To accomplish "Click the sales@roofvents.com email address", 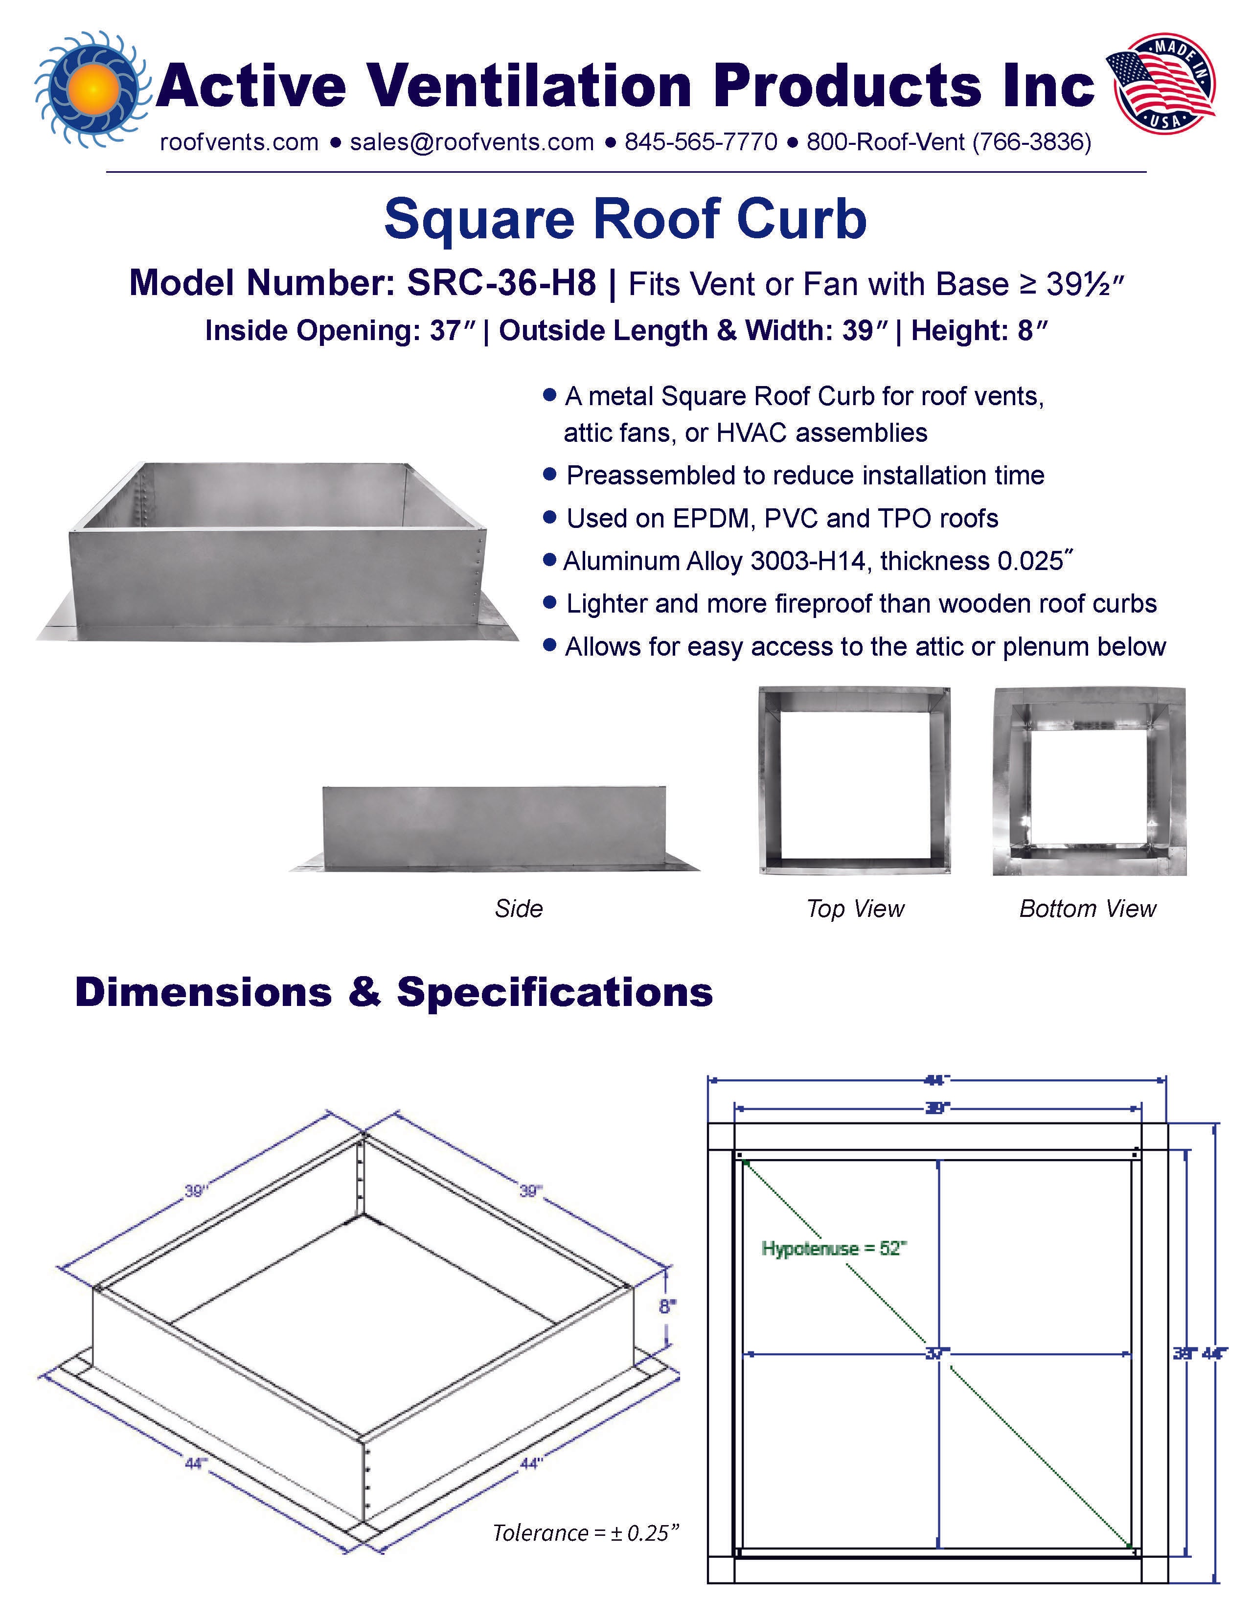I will click(x=472, y=142).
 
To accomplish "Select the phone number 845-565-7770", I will click(x=701, y=142).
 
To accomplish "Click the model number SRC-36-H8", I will click(x=501, y=283).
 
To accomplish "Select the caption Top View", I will click(x=855, y=909).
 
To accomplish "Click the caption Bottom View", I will click(x=1087, y=909).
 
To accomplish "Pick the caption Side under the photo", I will click(x=519, y=909).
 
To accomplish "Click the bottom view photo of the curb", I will click(x=1089, y=781).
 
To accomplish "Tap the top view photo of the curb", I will click(x=854, y=781).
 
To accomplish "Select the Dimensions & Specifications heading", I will click(x=394, y=992).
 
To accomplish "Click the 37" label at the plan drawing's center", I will click(x=937, y=1354).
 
